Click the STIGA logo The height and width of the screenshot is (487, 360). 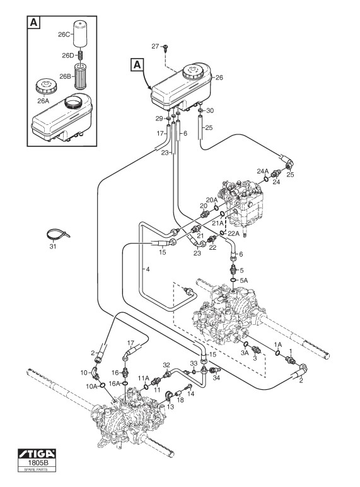pyautogui.click(x=37, y=454)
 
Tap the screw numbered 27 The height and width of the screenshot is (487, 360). pyautogui.click(x=165, y=47)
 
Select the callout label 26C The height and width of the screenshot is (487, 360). pyautogui.click(x=64, y=35)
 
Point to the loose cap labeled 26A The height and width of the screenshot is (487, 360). pyautogui.click(x=47, y=86)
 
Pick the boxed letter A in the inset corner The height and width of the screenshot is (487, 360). pyautogui.click(x=34, y=23)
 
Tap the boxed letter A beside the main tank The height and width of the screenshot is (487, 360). pyautogui.click(x=137, y=65)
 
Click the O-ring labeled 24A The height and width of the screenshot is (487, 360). pyautogui.click(x=266, y=179)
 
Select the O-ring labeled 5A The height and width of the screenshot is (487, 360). pyautogui.click(x=233, y=281)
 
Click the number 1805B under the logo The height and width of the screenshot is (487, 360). pyautogui.click(x=37, y=462)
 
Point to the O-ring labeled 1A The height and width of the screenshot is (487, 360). pyautogui.click(x=278, y=353)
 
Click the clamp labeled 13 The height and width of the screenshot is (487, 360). pyautogui.click(x=169, y=396)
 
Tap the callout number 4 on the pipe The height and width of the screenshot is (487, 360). pyautogui.click(x=148, y=269)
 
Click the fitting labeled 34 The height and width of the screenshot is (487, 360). pyautogui.click(x=215, y=370)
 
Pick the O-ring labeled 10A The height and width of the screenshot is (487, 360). pyautogui.click(x=103, y=385)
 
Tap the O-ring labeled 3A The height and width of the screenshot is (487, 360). pyautogui.click(x=245, y=344)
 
